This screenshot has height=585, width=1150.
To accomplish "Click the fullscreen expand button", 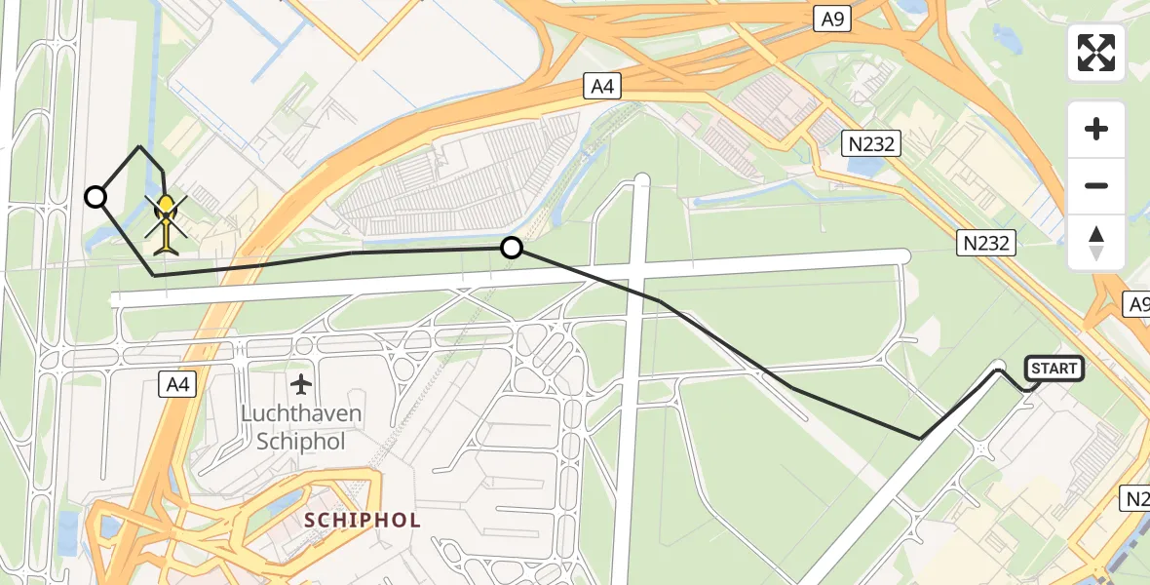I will [x=1096, y=53].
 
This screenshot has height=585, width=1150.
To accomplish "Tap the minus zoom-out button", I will [x=1096, y=185].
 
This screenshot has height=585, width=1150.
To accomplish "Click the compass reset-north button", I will [x=1096, y=243].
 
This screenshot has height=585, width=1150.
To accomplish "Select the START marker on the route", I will [x=1054, y=368].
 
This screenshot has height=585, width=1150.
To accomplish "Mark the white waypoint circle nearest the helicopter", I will [x=96, y=197].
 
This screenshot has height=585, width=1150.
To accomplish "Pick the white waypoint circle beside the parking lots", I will [x=511, y=248].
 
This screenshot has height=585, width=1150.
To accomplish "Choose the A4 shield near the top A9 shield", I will [x=601, y=87].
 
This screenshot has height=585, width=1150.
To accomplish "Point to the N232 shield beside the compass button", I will [x=985, y=243].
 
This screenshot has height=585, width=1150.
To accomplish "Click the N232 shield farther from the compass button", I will [x=871, y=145].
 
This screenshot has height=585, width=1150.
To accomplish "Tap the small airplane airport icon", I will [x=302, y=383].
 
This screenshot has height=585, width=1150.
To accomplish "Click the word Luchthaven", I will [x=301, y=413].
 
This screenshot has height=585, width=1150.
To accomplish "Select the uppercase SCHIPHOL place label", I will [x=363, y=520].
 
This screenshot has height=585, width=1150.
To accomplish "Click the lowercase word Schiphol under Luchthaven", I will [x=301, y=441].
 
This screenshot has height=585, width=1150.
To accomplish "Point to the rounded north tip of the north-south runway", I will [x=641, y=179].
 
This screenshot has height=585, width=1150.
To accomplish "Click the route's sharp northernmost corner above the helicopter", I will [x=140, y=147].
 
